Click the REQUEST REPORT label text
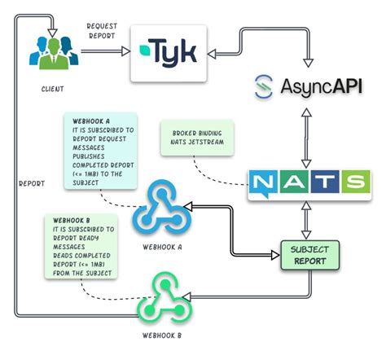102,32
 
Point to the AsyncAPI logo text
320,86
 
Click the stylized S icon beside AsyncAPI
262,86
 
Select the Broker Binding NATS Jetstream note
198,138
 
